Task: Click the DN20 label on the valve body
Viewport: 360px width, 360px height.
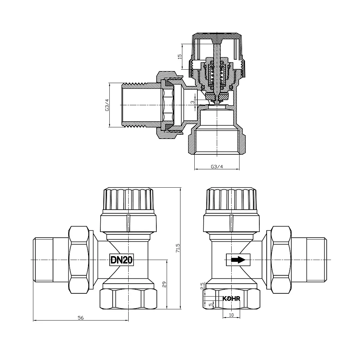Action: (121, 260)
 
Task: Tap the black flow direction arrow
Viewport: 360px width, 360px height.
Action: (238, 260)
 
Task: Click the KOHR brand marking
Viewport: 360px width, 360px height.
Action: (231, 298)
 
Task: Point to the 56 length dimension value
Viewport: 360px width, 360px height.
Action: (81, 318)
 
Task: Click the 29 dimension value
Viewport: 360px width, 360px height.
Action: (164, 284)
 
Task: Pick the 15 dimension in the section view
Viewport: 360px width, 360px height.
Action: (180, 56)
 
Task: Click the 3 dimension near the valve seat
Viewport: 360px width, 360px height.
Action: (193, 102)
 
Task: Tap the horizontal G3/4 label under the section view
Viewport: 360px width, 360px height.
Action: (217, 166)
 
